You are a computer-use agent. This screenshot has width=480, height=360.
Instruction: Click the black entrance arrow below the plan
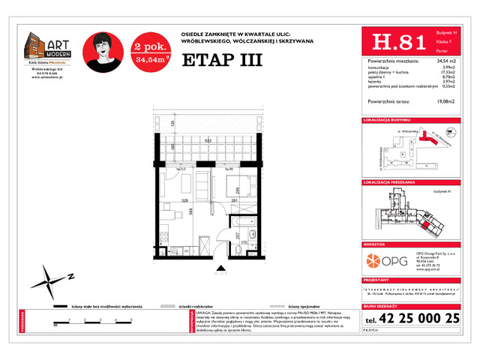pyautogui.click(x=220, y=265)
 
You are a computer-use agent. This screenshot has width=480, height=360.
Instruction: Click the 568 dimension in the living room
pyautogui.click(x=192, y=211)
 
